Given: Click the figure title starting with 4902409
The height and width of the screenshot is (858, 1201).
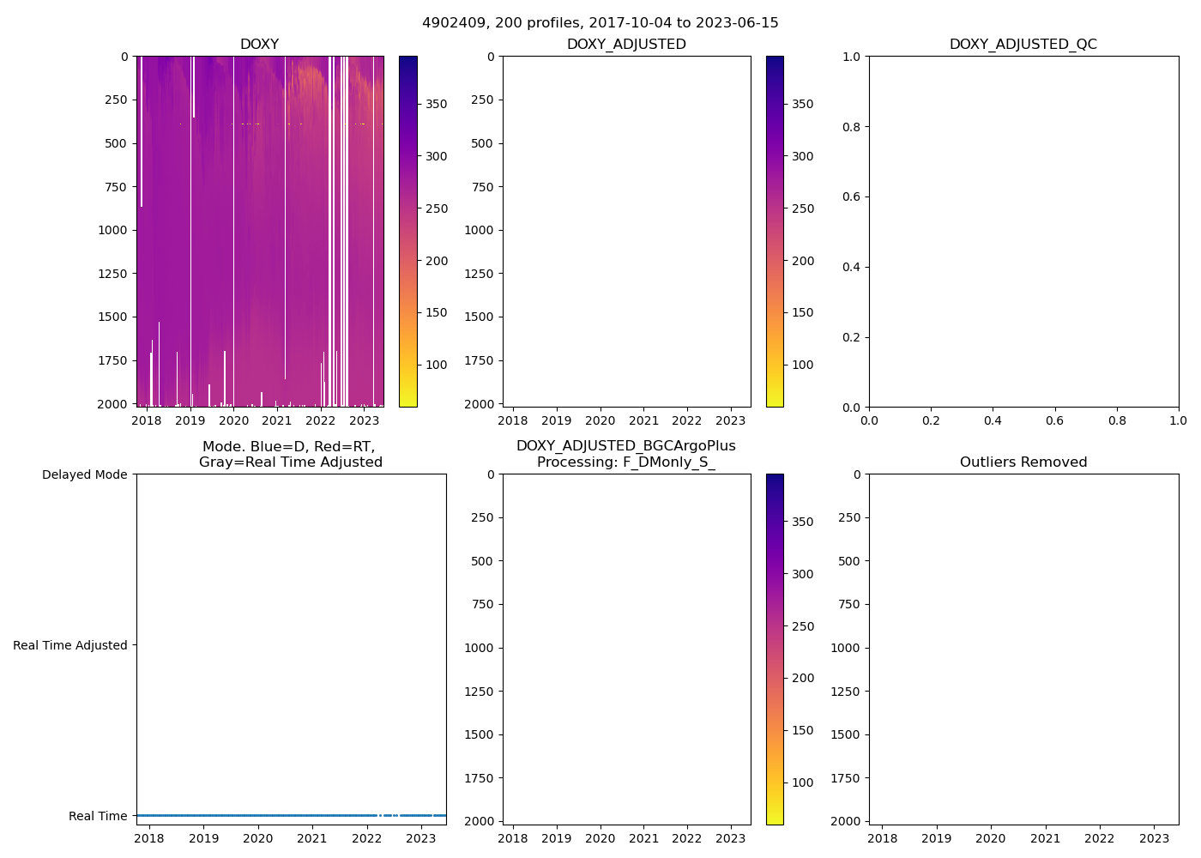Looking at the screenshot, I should pos(600,23).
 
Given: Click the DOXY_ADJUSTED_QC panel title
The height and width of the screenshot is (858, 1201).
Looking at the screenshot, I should pos(1023,45).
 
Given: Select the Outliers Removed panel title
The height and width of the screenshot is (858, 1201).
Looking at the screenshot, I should pos(1023,462).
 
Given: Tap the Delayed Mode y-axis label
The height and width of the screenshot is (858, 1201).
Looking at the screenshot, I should pos(85,474).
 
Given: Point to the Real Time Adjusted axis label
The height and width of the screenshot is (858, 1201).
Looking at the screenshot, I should pos(70,645).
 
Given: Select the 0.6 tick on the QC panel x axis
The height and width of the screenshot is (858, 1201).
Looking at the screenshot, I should pos(1054,420).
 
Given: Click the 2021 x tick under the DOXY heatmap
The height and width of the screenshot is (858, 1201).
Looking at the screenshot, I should pos(277,420).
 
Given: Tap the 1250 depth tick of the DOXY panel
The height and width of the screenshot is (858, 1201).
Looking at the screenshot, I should pos(112,274).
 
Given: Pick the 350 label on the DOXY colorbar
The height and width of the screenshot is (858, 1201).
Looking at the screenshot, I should pos(437,104).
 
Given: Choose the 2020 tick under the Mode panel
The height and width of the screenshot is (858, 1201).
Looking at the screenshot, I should pos(258,838).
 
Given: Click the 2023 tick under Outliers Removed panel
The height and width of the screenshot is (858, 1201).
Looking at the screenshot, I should pos(1154,838).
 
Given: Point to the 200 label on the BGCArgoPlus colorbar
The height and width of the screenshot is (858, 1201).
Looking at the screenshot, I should pos(803,678).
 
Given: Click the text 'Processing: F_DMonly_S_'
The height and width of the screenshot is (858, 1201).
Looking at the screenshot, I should pos(626,462).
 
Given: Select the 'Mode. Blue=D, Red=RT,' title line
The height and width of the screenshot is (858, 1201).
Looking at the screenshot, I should pos(289,447).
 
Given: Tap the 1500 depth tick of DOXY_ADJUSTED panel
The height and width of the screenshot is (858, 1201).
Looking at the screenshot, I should pos(479,317).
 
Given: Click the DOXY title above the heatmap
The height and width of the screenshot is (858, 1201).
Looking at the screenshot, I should pos(259,45).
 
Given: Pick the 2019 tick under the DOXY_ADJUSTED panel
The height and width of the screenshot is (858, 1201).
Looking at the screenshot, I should pos(557,420).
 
